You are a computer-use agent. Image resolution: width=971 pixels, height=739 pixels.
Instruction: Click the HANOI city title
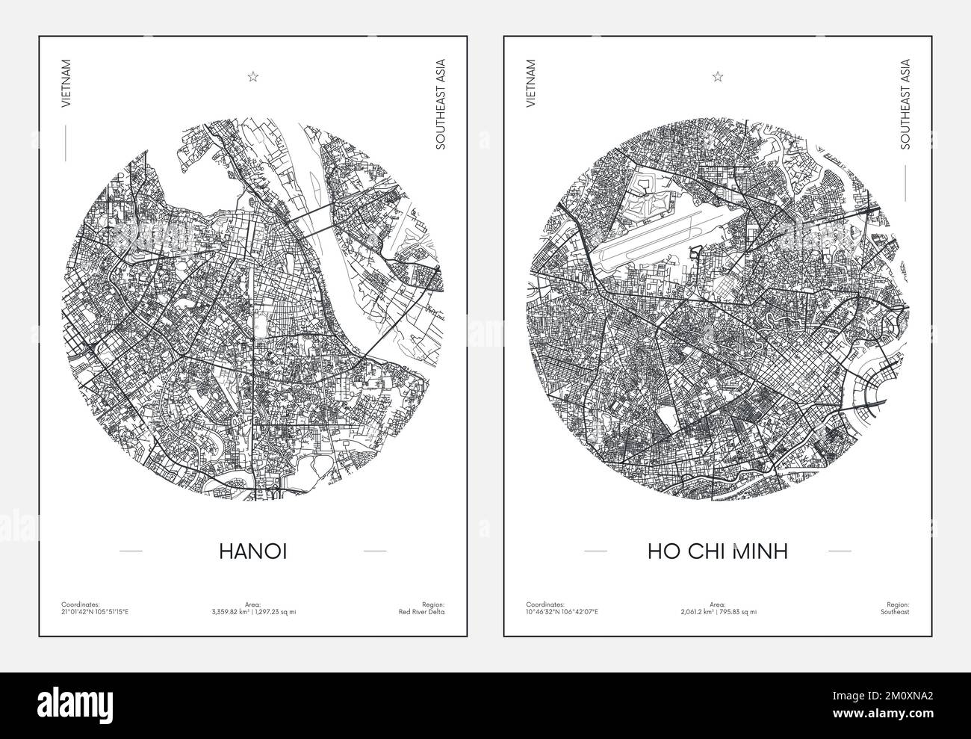[253, 551]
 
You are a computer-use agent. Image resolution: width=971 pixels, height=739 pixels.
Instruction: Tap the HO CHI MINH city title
[718, 551]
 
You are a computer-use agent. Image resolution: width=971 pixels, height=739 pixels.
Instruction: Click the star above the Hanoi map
[253, 75]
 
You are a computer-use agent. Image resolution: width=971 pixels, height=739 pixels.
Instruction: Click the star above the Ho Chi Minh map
[718, 75]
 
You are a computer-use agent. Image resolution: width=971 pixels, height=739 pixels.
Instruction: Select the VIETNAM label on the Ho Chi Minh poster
[531, 85]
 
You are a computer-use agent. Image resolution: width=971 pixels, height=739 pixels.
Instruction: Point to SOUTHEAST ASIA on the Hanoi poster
[441, 104]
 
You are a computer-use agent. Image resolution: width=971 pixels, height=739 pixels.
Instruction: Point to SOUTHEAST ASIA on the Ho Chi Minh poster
[905, 104]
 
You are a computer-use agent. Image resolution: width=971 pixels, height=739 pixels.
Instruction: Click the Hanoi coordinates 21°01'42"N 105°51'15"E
[96, 612]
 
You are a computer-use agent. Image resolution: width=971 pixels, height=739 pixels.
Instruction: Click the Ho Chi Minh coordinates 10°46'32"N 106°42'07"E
[562, 612]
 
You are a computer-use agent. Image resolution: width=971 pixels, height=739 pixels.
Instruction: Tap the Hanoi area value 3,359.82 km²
[232, 612]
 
